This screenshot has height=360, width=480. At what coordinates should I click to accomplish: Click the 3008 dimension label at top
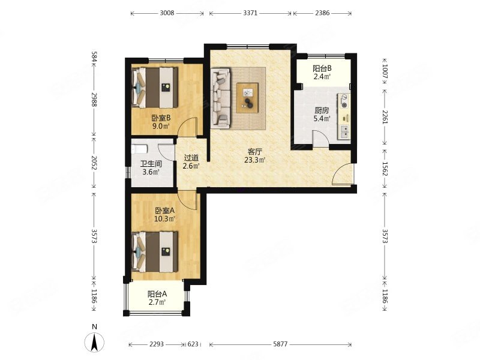coord(167,13)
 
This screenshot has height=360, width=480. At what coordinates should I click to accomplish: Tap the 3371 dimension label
coord(250,13)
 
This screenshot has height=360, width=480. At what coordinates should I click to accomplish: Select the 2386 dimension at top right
coord(322,13)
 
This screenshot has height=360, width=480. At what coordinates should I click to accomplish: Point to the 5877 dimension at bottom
coord(280,344)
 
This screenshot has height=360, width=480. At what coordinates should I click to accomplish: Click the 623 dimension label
coord(193,344)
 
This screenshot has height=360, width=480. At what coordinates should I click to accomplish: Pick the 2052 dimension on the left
coord(94,163)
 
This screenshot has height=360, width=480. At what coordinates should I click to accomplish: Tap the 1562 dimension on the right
coord(385,169)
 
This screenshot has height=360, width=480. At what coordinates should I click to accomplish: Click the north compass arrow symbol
coord(94,341)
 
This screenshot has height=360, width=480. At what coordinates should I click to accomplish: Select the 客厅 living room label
coord(254,152)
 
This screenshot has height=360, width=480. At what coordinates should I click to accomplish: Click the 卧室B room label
coord(161,118)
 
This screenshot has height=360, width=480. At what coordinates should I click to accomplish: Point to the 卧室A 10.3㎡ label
coord(164,215)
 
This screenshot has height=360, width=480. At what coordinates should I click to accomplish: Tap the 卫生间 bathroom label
coord(151,164)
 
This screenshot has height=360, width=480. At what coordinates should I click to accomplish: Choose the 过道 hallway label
coord(191,158)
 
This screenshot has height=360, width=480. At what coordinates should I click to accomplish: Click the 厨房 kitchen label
coord(322,110)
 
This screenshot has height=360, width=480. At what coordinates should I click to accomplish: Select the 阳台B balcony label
coord(322,68)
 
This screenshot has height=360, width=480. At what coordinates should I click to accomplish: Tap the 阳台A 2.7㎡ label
coord(157,298)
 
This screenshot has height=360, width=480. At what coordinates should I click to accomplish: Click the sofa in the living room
coord(220,97)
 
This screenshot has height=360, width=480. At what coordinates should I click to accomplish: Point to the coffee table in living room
coord(247,98)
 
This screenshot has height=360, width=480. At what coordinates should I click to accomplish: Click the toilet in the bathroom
coord(139,149)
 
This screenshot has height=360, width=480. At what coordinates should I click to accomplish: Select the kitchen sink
coord(344,131)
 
